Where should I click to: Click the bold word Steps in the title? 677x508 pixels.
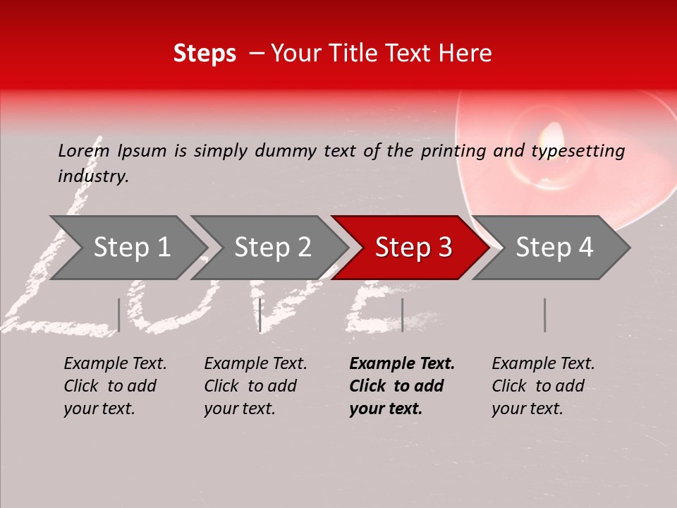(205, 54)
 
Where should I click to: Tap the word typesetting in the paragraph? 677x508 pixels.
(578, 150)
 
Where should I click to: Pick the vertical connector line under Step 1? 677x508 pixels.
(118, 315)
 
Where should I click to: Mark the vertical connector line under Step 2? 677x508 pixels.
(260, 315)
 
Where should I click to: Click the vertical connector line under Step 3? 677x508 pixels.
(402, 315)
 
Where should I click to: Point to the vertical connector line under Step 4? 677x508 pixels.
(544, 315)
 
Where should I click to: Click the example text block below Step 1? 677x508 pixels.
(115, 386)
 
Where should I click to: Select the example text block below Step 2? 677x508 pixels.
(255, 386)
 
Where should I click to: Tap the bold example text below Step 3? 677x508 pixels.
(402, 386)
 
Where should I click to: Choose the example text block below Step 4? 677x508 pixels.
(543, 386)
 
